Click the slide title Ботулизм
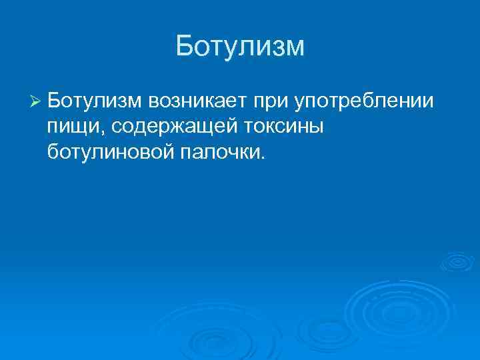240,47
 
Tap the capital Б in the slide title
184,47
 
